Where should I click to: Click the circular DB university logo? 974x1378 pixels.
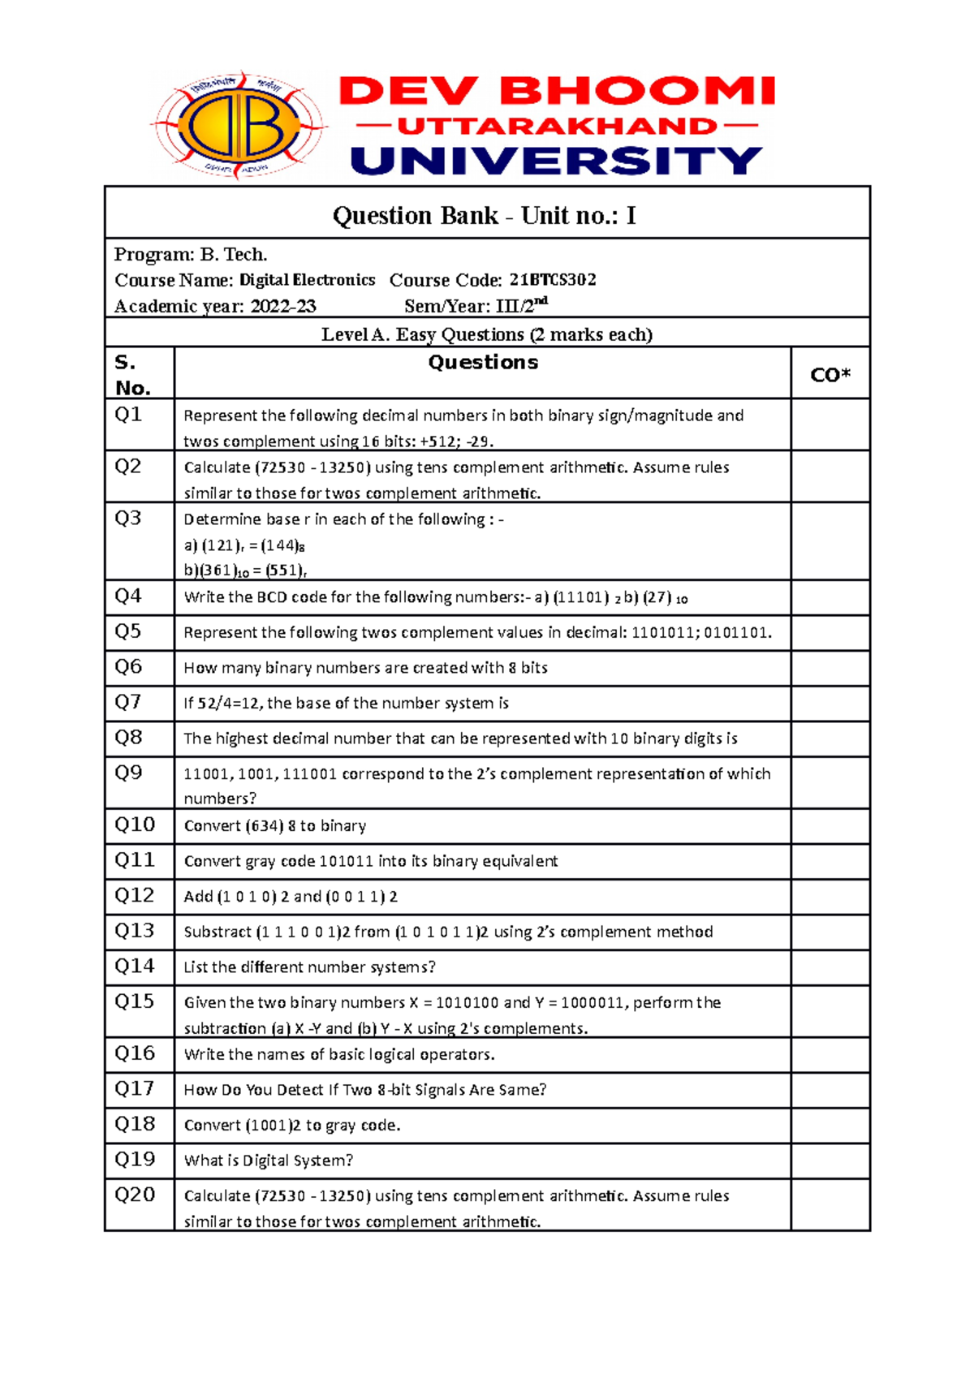238,126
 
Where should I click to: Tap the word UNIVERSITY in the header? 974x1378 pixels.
557,161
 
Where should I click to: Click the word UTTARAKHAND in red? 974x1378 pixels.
557,126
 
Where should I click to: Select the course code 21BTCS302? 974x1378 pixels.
553,280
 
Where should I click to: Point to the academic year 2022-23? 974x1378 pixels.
283,307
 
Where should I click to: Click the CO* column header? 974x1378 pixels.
830,375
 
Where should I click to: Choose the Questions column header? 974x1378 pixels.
483,363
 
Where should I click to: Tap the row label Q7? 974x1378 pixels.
128,702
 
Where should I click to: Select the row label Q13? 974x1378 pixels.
134,931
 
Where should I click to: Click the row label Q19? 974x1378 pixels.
134,1160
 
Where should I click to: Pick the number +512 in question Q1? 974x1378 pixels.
438,441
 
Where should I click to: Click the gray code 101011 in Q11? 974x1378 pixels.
347,861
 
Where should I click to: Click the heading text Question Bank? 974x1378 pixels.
416,216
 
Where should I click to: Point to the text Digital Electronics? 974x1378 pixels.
308,280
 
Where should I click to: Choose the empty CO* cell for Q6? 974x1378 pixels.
830,668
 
